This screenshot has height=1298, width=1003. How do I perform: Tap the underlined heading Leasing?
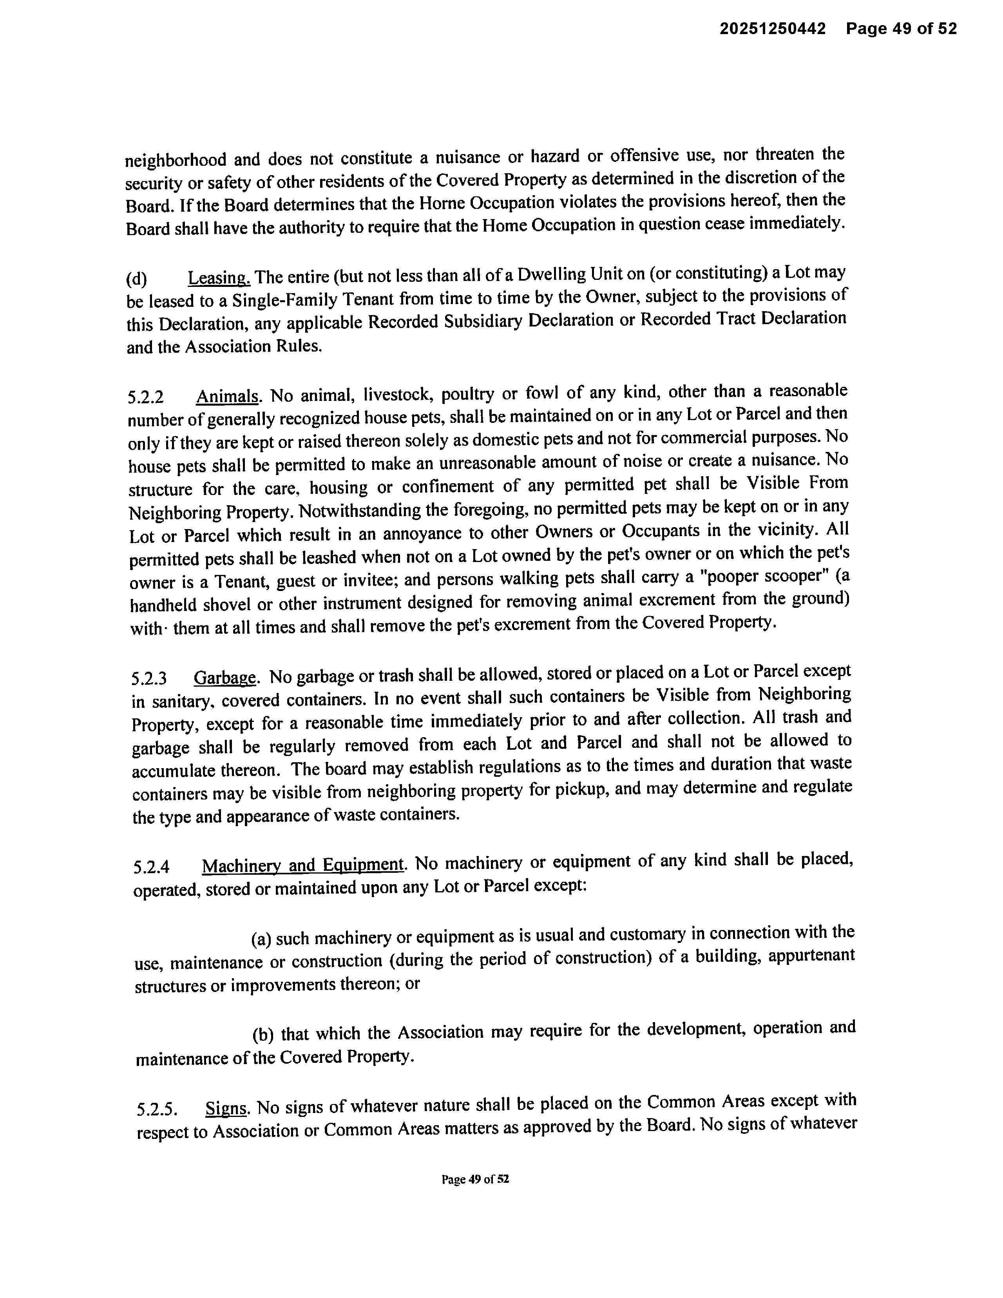click(219, 277)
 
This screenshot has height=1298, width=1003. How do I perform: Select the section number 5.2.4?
click(152, 867)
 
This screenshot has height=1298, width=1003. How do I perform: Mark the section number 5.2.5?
click(156, 1109)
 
